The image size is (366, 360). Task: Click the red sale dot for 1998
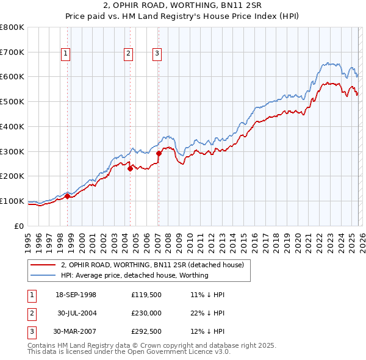point(68,196)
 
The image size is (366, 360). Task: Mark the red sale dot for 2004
point(130,169)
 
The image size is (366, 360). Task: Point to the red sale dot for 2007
point(159,153)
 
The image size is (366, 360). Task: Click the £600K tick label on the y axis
point(12,77)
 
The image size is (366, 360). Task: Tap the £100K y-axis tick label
point(12,201)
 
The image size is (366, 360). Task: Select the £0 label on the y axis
point(19,226)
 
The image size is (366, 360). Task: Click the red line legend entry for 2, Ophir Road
point(152,265)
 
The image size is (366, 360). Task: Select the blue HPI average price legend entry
point(134,275)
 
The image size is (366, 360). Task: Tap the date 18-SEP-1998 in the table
point(76,295)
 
